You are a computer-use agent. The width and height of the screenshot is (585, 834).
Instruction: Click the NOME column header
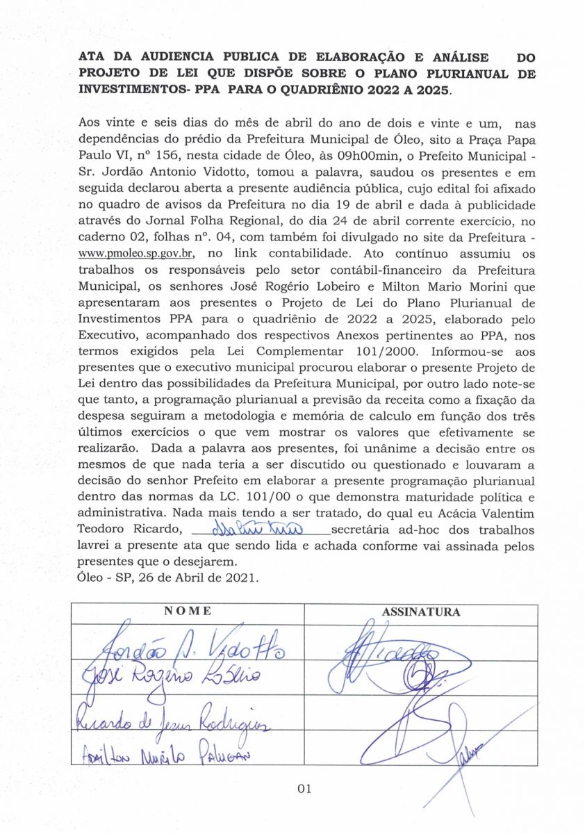pos(188,612)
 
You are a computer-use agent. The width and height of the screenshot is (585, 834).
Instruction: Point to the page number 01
pos(304,788)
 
